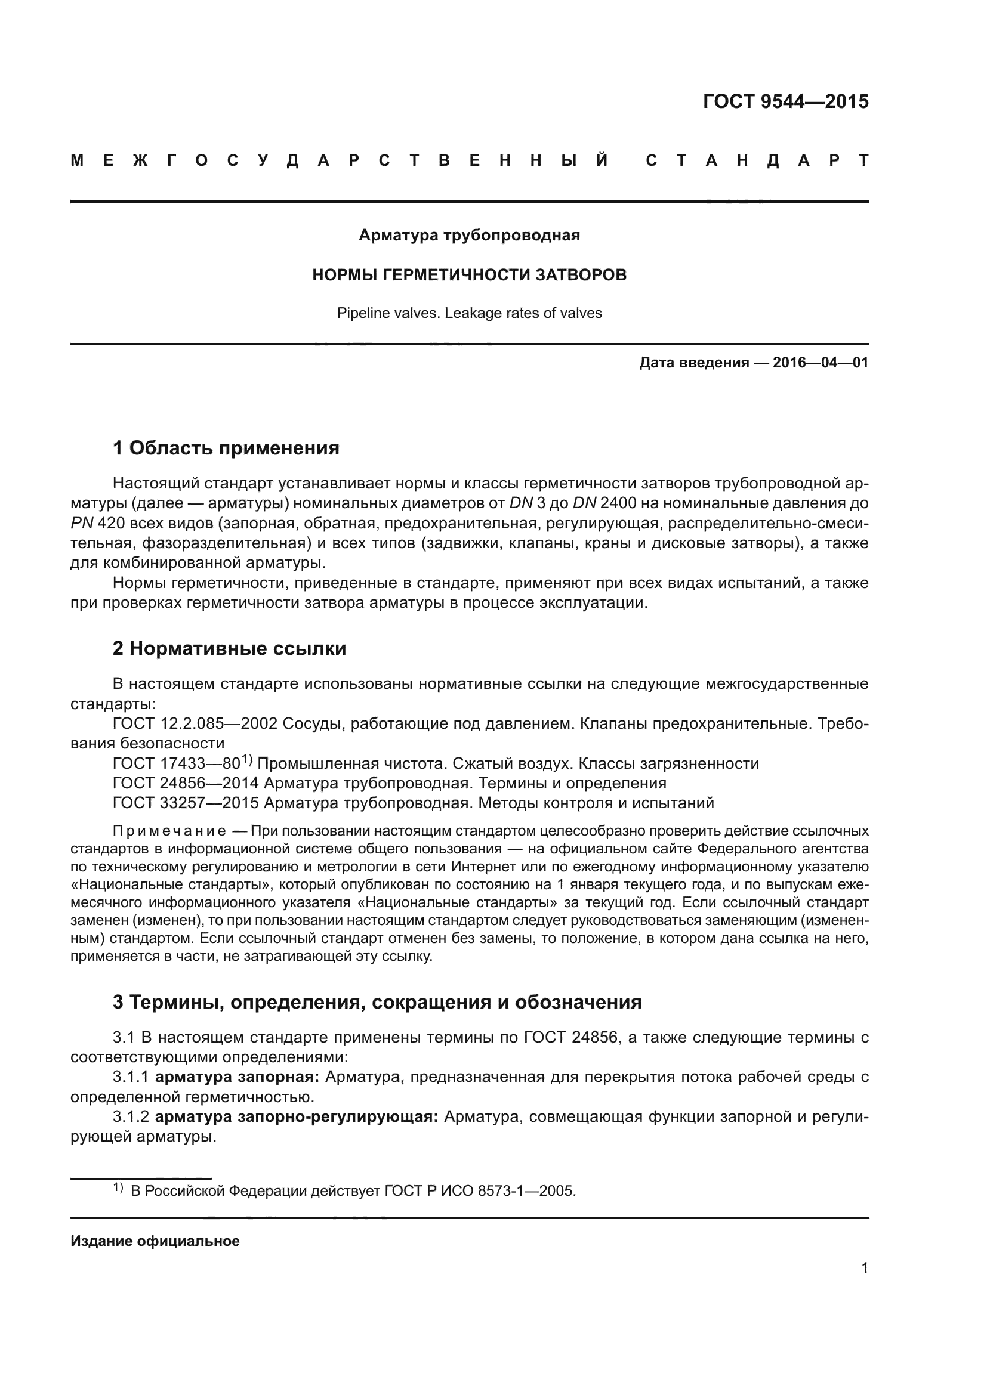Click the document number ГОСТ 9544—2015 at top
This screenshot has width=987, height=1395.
pos(785,101)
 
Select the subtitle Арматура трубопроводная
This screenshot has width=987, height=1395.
pos(469,235)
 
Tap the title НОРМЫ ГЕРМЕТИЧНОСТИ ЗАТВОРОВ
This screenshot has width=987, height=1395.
pos(469,275)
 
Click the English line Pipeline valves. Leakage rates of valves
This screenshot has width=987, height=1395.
pos(469,314)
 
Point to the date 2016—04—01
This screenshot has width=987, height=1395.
pos(821,363)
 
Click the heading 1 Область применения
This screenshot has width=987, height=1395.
pos(226,448)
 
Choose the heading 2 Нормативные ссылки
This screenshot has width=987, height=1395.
pos(229,649)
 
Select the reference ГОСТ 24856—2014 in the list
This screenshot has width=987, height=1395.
pos(186,783)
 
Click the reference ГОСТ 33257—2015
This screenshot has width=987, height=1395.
pos(186,803)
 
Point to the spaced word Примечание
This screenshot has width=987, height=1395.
pos(169,831)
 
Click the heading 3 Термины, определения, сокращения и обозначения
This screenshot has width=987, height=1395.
pos(377,1002)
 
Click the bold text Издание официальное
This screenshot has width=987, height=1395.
pos(155,1241)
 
